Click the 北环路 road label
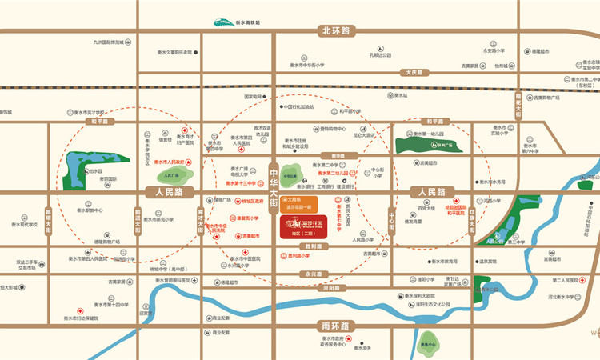click(x=336, y=32)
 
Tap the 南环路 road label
click(x=335, y=326)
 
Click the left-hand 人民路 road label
click(x=165, y=192)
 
